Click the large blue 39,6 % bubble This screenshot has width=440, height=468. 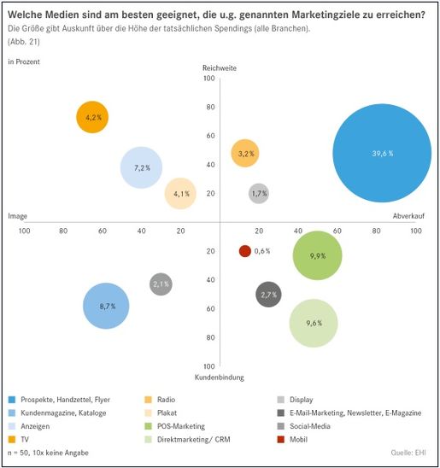[x=382, y=153]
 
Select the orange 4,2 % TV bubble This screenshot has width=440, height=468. [x=92, y=117]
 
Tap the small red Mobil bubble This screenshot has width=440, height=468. [x=245, y=251]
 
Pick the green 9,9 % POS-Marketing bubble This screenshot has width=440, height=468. [x=317, y=255]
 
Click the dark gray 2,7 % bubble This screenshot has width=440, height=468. [x=268, y=295]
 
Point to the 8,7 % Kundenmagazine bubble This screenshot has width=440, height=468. [x=106, y=306]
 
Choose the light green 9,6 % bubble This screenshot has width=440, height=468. [x=314, y=323]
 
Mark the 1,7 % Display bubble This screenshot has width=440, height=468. [x=259, y=193]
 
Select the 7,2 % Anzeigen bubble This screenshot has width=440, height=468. [x=141, y=167]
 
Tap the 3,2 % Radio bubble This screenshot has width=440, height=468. [x=245, y=153]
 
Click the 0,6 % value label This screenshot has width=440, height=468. [x=262, y=251]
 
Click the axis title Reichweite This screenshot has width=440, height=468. [x=220, y=68]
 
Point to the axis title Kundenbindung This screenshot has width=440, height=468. [x=220, y=377]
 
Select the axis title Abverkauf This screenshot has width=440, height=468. [x=408, y=216]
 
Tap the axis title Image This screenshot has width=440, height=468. [x=17, y=216]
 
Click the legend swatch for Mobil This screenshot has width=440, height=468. [x=280, y=439]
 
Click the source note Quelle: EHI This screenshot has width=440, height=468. [x=408, y=453]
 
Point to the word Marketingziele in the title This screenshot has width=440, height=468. [x=326, y=15]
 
